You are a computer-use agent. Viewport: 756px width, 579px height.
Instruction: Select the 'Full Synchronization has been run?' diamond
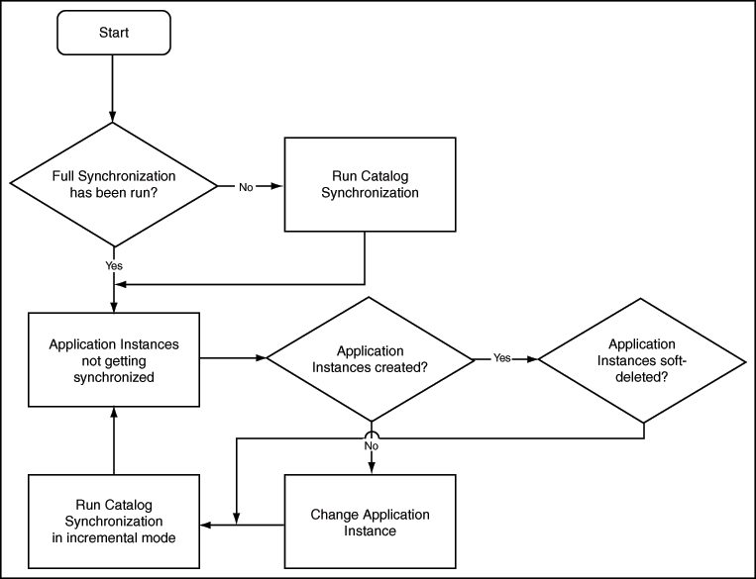click(x=114, y=185)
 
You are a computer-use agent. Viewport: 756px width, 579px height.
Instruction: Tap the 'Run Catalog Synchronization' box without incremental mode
click(x=370, y=185)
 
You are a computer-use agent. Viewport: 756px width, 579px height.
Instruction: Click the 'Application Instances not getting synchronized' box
click(x=114, y=359)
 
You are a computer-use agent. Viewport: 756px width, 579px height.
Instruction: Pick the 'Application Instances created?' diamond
click(x=370, y=359)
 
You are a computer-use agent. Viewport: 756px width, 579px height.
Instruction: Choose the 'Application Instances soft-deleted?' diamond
click(x=641, y=359)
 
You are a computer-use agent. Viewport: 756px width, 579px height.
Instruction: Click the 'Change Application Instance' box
click(x=370, y=523)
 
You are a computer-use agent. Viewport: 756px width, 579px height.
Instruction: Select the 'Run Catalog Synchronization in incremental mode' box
click(x=114, y=523)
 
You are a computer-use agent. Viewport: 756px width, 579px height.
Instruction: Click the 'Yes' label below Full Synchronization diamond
click(x=114, y=266)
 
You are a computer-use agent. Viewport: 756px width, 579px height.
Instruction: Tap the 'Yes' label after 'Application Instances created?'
click(x=502, y=358)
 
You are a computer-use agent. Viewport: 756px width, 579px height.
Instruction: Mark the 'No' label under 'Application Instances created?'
click(x=371, y=446)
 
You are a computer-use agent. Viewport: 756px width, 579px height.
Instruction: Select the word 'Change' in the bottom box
click(x=334, y=515)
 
